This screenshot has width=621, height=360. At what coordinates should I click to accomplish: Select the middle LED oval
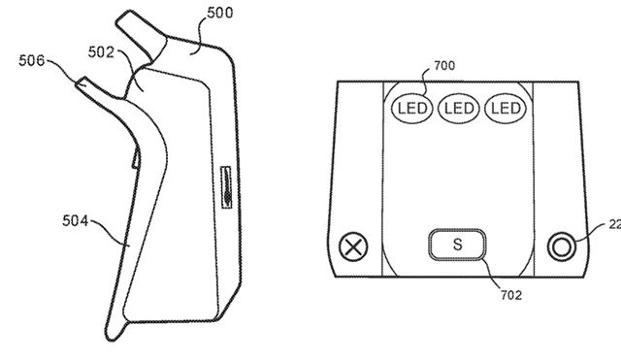pos(456,107)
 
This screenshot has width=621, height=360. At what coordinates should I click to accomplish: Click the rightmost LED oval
pos(505,107)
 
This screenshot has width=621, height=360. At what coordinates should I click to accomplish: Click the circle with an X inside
pos(356,244)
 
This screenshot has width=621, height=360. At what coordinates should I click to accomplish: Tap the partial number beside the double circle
pos(613,224)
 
